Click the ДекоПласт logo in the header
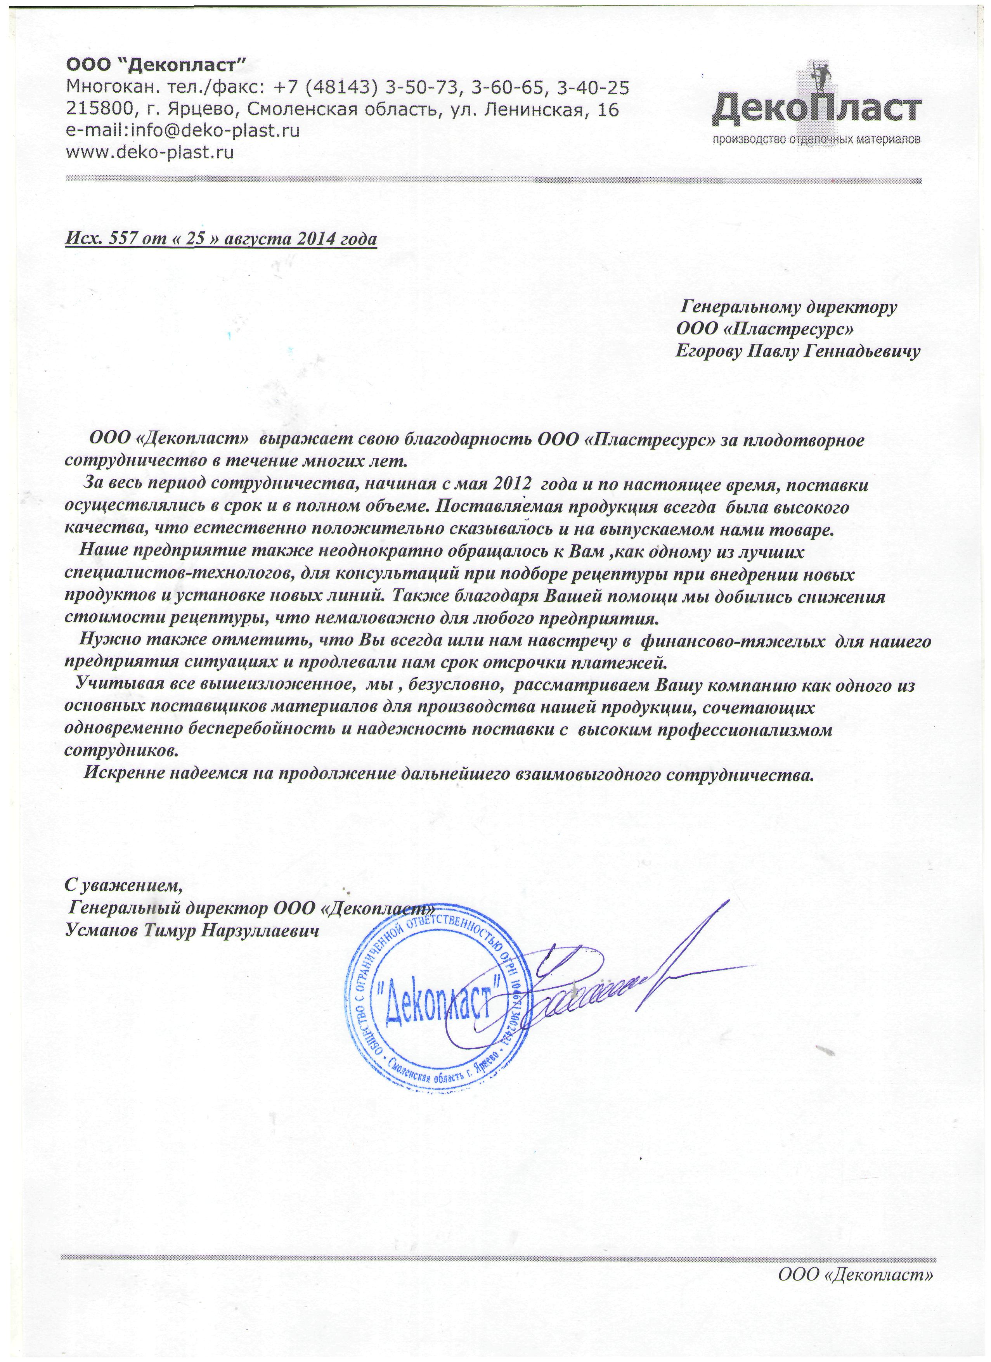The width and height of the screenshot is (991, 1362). [816, 109]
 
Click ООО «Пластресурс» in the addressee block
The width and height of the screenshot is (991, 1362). [764, 329]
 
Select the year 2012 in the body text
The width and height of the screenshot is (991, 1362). [512, 484]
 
